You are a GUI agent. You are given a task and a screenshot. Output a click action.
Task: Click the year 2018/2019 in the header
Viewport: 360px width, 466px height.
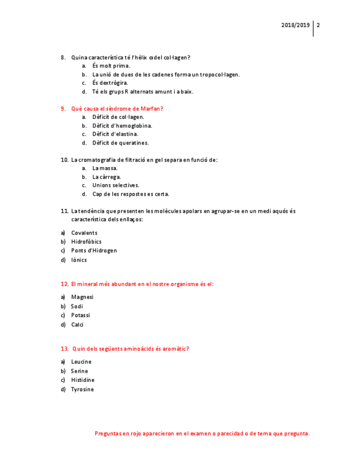pyautogui.click(x=295, y=25)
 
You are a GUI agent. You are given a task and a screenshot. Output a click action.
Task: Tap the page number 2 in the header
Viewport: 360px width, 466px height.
pyautogui.click(x=318, y=25)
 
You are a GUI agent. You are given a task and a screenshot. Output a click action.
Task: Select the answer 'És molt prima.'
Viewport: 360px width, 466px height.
pyautogui.click(x=111, y=66)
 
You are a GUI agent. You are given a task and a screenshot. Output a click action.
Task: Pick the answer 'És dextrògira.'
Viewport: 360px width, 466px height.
pyautogui.click(x=110, y=83)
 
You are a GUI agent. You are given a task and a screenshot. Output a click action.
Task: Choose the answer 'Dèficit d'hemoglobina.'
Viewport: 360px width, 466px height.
pyautogui.click(x=122, y=126)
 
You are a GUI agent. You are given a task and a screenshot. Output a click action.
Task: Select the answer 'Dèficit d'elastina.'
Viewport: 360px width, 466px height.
pyautogui.click(x=115, y=134)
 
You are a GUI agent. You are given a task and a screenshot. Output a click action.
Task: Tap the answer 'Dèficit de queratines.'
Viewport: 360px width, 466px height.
pyautogui.click(x=120, y=143)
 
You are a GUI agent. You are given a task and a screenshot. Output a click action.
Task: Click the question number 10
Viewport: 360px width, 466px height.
pyautogui.click(x=64, y=160)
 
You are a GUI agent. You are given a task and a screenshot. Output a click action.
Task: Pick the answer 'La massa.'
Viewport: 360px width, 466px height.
pyautogui.click(x=104, y=168)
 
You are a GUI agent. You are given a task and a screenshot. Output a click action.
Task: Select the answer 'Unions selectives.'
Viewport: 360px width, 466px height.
pyautogui.click(x=115, y=185)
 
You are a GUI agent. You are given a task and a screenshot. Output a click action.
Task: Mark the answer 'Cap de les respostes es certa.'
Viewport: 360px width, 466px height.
pyautogui.click(x=131, y=194)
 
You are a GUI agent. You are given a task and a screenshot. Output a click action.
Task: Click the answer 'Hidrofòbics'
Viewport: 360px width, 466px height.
pyautogui.click(x=86, y=242)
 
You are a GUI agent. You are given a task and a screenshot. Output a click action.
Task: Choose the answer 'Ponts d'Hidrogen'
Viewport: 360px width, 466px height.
pyautogui.click(x=94, y=251)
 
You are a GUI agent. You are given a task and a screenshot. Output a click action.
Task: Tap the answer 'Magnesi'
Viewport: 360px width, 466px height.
pyautogui.click(x=82, y=297)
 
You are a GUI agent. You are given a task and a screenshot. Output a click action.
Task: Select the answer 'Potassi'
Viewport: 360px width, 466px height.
pyautogui.click(x=81, y=315)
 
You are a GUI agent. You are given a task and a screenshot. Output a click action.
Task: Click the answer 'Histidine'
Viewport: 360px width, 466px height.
pyautogui.click(x=82, y=380)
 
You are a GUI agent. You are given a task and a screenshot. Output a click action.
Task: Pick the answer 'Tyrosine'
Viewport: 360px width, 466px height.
pyautogui.click(x=82, y=390)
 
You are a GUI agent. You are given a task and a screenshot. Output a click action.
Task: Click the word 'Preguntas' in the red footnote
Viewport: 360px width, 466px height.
pyautogui.click(x=108, y=434)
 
